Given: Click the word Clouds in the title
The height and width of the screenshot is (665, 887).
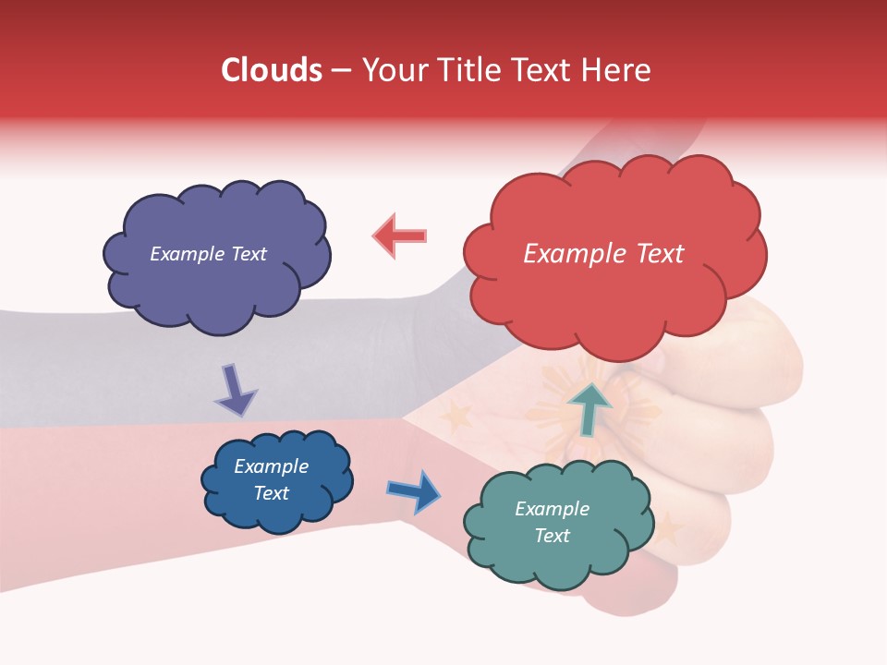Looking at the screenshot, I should [272, 70].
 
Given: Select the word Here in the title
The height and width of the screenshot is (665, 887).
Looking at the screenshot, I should [616, 70].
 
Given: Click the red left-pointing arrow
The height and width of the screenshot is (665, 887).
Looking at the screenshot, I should [399, 236].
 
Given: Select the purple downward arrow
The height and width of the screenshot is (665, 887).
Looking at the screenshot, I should [237, 390].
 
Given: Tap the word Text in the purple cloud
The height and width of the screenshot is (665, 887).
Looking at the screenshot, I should [249, 254].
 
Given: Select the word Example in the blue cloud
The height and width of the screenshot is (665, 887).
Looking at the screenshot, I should [271, 466].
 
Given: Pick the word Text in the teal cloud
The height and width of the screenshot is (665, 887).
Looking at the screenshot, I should [552, 536].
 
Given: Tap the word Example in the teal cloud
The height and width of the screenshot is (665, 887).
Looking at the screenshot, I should [552, 509].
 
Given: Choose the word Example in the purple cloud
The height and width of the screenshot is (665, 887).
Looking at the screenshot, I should [187, 254].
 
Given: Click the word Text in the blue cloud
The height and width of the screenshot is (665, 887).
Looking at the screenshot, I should [271, 493].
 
